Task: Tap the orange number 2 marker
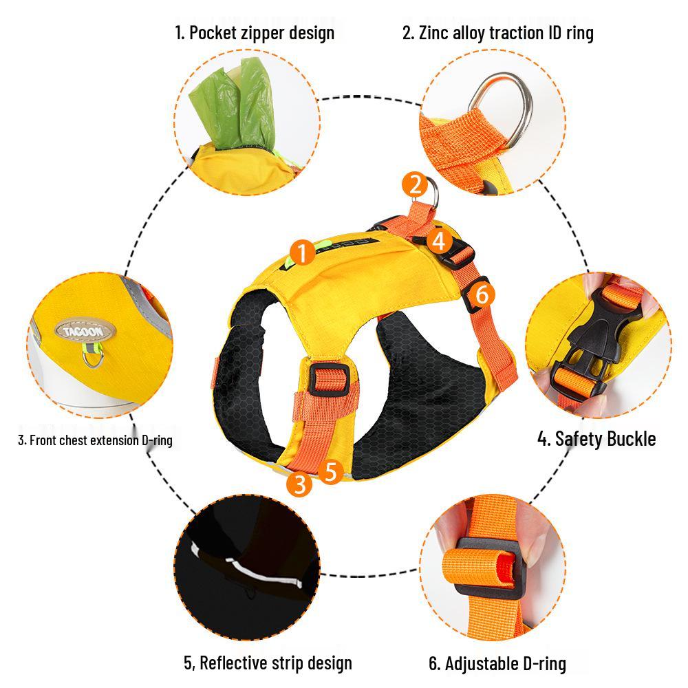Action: click(415, 184)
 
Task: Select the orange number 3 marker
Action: click(299, 484)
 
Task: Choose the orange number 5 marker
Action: click(331, 472)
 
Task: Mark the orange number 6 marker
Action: click(482, 294)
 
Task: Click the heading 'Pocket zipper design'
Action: click(255, 32)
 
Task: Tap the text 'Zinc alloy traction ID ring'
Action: click(497, 32)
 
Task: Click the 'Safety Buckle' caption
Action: click(596, 438)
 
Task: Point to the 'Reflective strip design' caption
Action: click(268, 663)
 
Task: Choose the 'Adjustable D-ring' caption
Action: click(497, 663)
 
